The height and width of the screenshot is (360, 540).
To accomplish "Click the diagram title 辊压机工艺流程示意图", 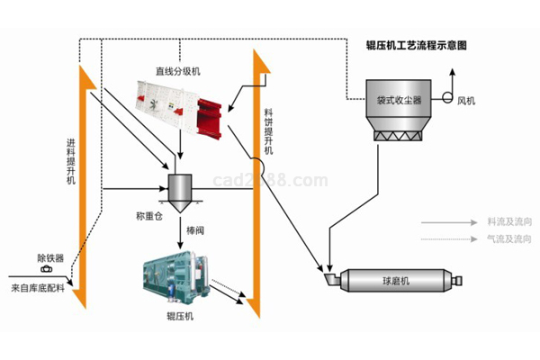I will tap(417, 44).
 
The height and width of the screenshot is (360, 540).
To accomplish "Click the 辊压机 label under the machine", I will tap(179, 316).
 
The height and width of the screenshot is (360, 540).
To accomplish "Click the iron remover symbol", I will tap(46, 268).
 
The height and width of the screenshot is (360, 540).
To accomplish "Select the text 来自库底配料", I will tap(37, 289).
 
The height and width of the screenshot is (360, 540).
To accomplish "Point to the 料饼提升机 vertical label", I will tap(268, 135).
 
